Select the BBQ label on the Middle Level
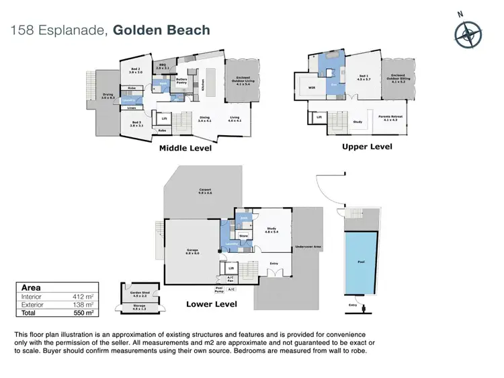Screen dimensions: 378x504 (162, 67)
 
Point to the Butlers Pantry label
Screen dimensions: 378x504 (181, 80)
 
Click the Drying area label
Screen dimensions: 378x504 (108, 96)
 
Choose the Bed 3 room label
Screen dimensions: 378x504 (136, 124)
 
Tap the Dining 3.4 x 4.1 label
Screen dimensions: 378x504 (204, 119)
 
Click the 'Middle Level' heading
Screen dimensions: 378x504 (185, 148)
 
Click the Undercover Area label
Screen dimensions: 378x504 (308, 248)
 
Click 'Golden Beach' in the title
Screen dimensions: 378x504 (161, 30)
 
